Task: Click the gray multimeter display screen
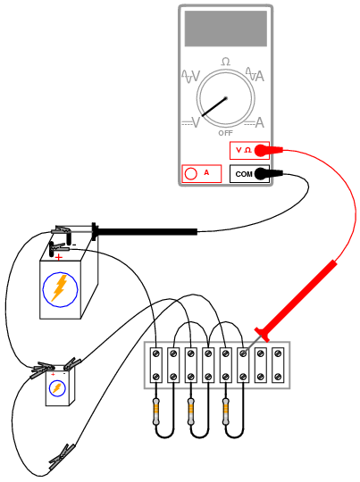point(225,29)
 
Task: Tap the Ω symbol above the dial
point(225,62)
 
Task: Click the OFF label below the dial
point(225,133)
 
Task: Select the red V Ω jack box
point(249,150)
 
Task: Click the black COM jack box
point(249,174)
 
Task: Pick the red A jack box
point(202,174)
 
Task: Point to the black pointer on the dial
point(214,107)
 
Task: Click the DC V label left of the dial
point(191,122)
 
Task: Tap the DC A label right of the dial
point(255,122)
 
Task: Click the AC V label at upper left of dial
point(191,76)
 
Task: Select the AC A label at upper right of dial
point(255,75)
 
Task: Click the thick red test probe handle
point(296,300)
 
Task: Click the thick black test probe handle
point(145,231)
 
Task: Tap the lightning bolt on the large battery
point(60,288)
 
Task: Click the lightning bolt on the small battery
point(56,388)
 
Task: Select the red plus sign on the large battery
point(58,257)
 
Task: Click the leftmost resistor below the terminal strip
point(156,411)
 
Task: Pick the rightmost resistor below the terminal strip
point(226,411)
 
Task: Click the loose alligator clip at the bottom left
point(62,457)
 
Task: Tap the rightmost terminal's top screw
point(278,353)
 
